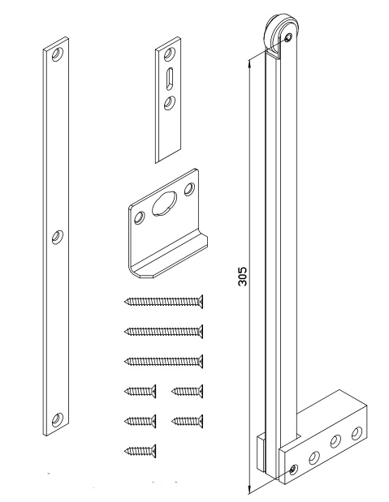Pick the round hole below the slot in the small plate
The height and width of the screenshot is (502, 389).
[167, 101]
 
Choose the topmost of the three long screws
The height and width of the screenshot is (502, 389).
[163, 302]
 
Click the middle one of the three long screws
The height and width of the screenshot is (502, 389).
[163, 331]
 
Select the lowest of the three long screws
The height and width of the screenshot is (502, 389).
[163, 361]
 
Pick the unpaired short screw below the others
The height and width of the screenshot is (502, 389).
[140, 448]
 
